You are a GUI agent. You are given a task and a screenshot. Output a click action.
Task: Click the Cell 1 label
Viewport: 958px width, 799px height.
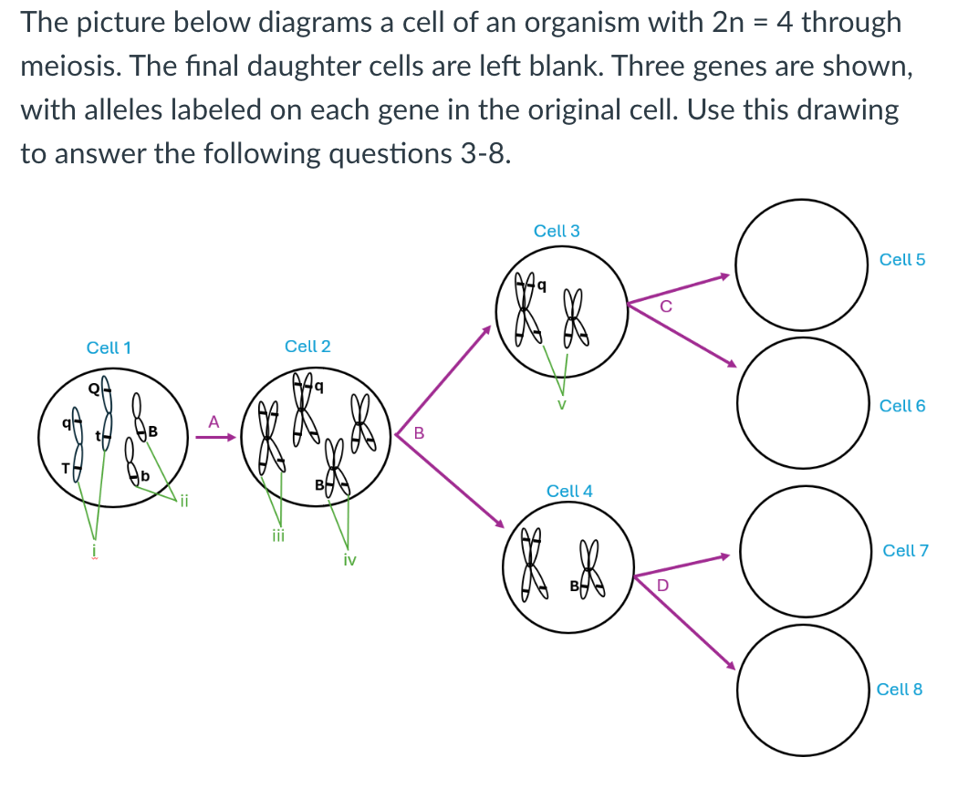[x=109, y=348]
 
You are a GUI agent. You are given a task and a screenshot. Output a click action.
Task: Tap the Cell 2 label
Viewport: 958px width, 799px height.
[x=307, y=347]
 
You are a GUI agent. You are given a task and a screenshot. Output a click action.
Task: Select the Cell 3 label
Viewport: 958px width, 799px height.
[x=557, y=231]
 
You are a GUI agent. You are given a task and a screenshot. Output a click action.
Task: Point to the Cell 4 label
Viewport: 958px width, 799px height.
[x=569, y=491]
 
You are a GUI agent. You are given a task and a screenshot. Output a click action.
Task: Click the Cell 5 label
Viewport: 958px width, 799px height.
[x=902, y=260]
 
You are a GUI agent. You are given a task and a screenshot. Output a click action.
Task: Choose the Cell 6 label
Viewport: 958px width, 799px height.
[x=902, y=406]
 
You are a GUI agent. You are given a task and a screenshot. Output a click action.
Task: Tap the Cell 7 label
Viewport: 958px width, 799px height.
[x=905, y=551]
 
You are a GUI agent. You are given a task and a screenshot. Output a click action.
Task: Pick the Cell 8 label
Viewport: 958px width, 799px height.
[x=899, y=690]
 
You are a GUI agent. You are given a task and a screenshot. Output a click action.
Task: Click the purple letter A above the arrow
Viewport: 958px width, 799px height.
[x=213, y=421]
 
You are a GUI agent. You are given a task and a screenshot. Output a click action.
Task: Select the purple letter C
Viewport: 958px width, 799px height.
[x=665, y=307]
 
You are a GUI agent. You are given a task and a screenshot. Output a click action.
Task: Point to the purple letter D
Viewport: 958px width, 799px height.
[x=663, y=585]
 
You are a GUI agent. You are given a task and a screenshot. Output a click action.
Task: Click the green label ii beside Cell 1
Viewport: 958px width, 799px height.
[x=182, y=500]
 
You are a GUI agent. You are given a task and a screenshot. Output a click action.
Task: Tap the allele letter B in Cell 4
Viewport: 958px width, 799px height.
[x=575, y=585]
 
